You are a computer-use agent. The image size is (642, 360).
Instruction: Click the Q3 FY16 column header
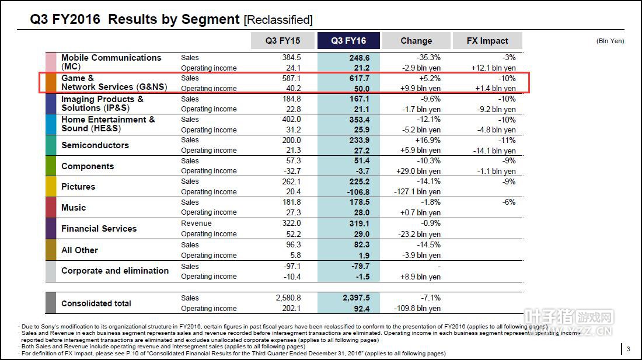click(348, 41)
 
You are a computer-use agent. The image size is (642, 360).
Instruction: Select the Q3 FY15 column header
click(282, 41)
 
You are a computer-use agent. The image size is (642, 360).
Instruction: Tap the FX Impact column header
click(487, 41)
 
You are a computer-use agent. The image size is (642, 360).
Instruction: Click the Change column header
click(416, 41)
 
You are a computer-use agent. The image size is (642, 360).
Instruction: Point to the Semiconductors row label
click(95, 145)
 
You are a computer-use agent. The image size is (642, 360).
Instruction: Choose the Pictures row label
click(78, 187)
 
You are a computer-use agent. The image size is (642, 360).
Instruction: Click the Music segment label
click(74, 208)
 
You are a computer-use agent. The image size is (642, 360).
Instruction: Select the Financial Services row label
click(99, 229)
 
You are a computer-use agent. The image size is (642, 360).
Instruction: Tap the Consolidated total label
click(96, 303)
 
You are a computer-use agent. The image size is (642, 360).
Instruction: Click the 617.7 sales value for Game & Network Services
click(358, 78)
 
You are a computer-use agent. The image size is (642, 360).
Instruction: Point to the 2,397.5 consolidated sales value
click(356, 298)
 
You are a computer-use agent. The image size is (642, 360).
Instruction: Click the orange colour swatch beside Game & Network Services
click(51, 83)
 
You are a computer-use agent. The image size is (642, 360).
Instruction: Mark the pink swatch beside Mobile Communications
click(51, 62)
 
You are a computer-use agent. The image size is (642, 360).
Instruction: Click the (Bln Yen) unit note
click(610, 41)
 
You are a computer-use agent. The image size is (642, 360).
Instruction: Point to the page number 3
click(628, 349)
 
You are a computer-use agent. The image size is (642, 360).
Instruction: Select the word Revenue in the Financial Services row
click(196, 223)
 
